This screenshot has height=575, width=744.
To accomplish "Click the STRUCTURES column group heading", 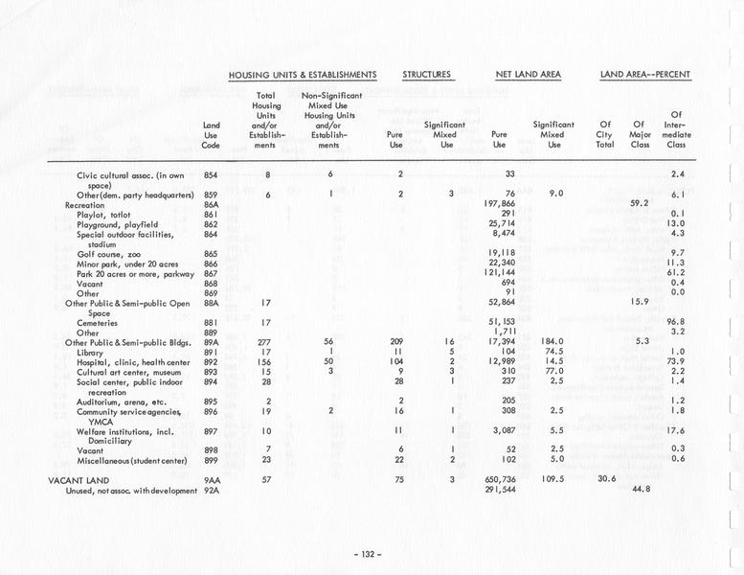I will coord(427,74).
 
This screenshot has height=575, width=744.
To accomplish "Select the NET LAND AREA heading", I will coord(528,74).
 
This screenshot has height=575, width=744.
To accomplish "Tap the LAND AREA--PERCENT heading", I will coord(645,74).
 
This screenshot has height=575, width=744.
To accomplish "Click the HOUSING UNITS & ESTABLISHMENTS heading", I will coord(302,74).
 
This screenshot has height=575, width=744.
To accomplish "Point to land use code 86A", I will coord(212,204).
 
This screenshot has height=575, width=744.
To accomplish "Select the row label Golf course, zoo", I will coord(109,253).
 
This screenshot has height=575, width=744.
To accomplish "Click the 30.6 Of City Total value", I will coord(608,479).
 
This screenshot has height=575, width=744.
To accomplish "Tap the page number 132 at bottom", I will coord(368,553).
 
